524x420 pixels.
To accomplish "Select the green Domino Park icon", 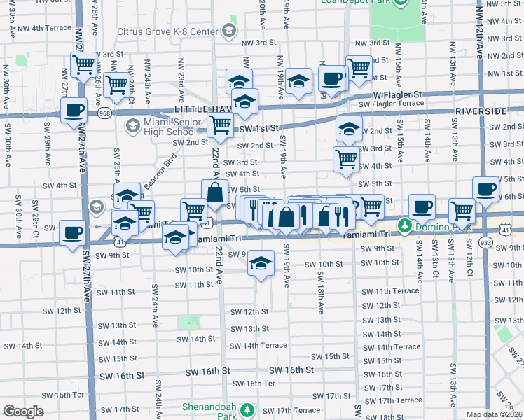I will (404, 226).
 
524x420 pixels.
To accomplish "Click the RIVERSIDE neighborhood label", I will (480, 112).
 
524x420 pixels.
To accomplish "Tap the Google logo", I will (23, 412).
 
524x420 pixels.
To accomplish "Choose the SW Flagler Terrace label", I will (391, 104).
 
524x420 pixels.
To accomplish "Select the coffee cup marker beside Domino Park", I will (422, 206).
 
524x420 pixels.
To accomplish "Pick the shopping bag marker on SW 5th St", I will (215, 190).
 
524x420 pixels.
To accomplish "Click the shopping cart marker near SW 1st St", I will (221, 125).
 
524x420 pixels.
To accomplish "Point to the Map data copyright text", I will (495, 414).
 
